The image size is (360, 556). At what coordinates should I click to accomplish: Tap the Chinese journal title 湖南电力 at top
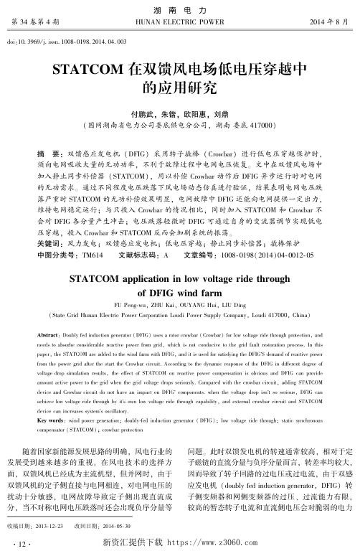179,9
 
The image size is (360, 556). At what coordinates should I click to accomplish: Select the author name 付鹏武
141,113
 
